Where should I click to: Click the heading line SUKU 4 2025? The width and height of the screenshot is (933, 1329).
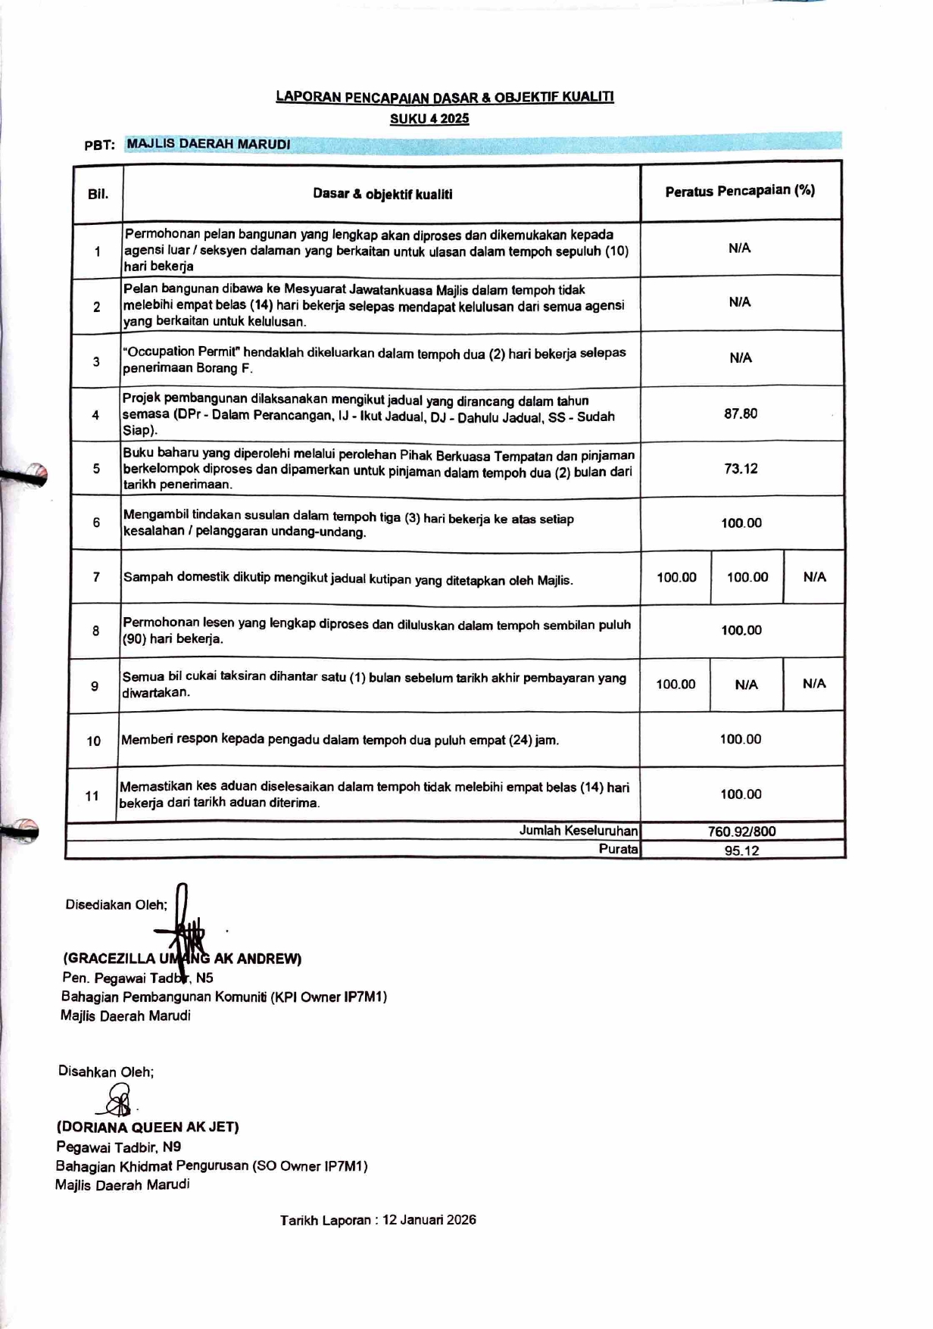429,119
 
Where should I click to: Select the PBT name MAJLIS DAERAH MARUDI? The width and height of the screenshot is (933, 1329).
208,144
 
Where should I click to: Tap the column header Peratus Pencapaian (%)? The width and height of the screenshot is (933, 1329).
740,191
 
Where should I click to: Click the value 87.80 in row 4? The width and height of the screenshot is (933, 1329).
740,413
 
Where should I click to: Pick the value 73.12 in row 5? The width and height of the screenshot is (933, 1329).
740,469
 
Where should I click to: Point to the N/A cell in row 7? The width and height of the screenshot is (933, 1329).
814,577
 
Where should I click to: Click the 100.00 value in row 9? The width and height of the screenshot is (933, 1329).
676,685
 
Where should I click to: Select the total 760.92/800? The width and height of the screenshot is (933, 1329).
741,831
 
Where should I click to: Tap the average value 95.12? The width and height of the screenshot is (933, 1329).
741,850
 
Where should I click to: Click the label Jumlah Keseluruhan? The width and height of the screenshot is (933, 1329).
579,831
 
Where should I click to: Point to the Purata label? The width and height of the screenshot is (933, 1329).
618,849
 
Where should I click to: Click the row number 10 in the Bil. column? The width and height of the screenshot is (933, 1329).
93,741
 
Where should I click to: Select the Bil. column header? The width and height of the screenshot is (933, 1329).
98,194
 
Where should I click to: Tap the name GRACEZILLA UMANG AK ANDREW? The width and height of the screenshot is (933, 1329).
182,959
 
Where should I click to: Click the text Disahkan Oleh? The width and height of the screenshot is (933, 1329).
106,1072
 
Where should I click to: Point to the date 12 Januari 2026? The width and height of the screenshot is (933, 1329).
429,1220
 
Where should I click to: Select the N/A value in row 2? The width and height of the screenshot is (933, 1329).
740,302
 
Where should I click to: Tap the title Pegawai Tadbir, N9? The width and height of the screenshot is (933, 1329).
118,1147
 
